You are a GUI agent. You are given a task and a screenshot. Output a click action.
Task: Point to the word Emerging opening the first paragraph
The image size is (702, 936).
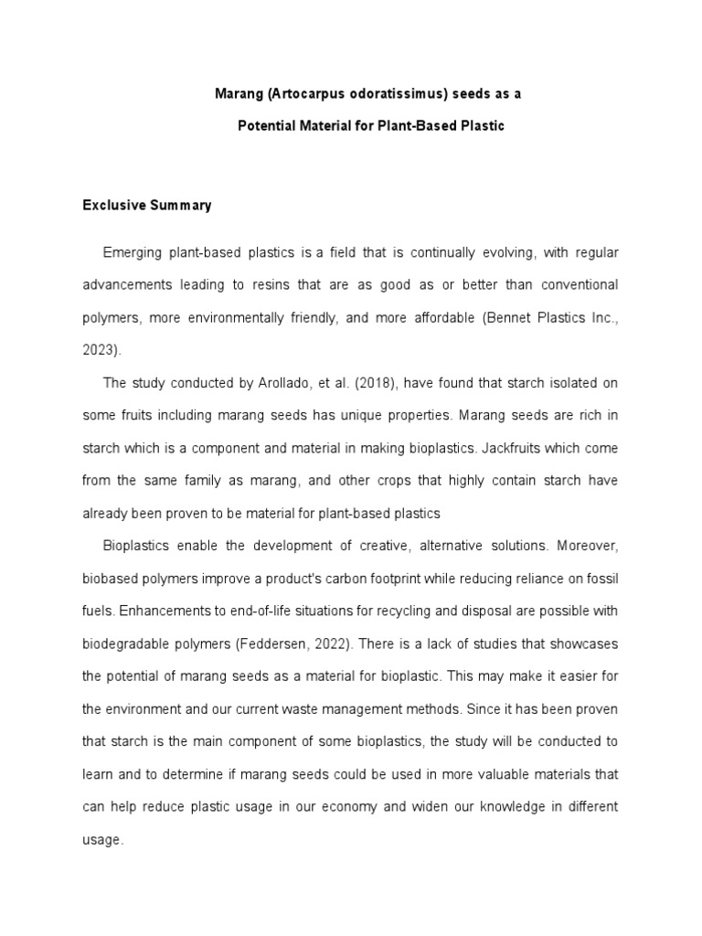tap(133, 251)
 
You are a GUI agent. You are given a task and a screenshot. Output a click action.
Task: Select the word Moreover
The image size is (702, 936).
tap(589, 546)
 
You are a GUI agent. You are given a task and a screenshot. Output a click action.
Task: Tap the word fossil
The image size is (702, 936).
tap(601, 579)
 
